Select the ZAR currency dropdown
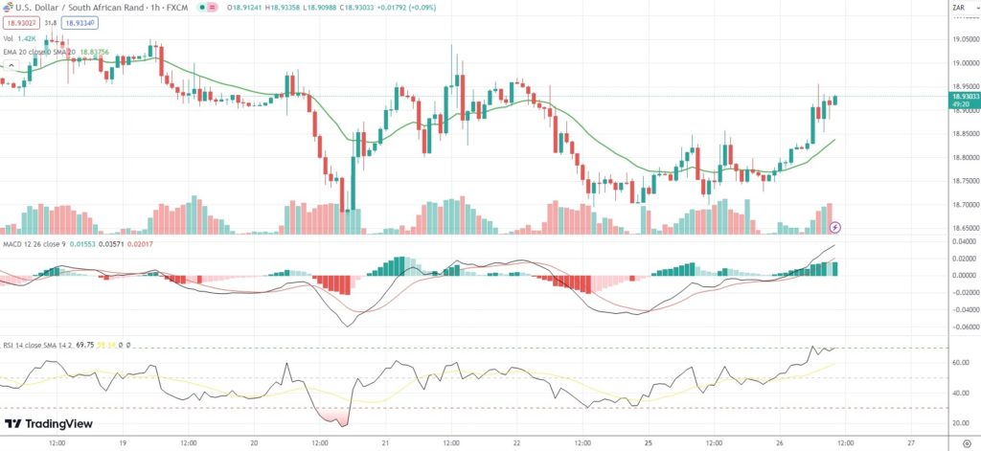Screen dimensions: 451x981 click(x=959, y=9)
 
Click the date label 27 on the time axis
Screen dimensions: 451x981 click(x=911, y=443)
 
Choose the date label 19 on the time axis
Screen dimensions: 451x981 click(x=123, y=443)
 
